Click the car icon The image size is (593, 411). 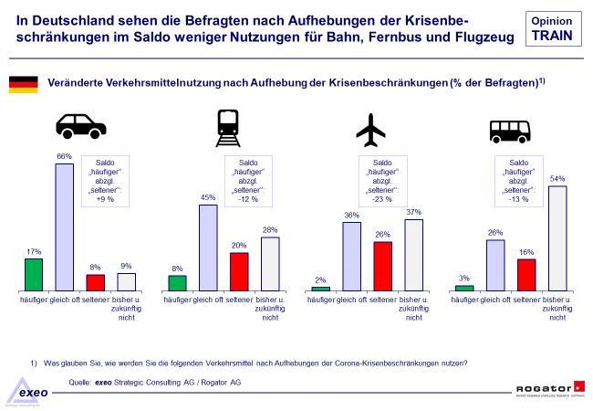pyautogui.click(x=81, y=127)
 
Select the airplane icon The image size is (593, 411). pyautogui.click(x=370, y=131)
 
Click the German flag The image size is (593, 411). pyautogui.click(x=22, y=84)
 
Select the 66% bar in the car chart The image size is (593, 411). pyautogui.click(x=64, y=225)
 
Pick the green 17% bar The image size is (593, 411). pyautogui.click(x=34, y=273)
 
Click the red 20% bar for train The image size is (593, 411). pyautogui.click(x=239, y=269)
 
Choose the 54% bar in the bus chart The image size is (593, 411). pyautogui.click(x=557, y=237)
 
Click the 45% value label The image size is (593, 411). pyautogui.click(x=208, y=198)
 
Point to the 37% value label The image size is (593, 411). pyautogui.click(x=414, y=213)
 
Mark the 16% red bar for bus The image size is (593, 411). pyautogui.click(x=527, y=273)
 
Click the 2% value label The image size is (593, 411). pyautogui.click(x=321, y=280)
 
